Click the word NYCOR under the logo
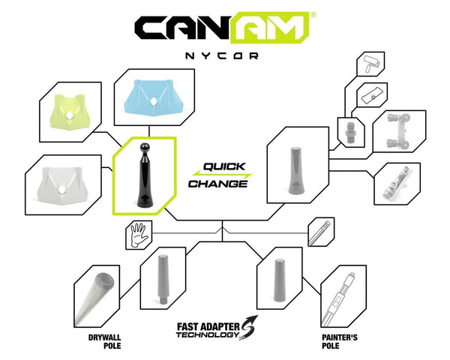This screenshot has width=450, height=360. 224,55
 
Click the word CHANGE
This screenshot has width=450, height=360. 217,183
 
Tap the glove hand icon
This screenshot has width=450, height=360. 137,235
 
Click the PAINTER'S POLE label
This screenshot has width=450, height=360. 339,340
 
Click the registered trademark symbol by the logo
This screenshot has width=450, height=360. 313,14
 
